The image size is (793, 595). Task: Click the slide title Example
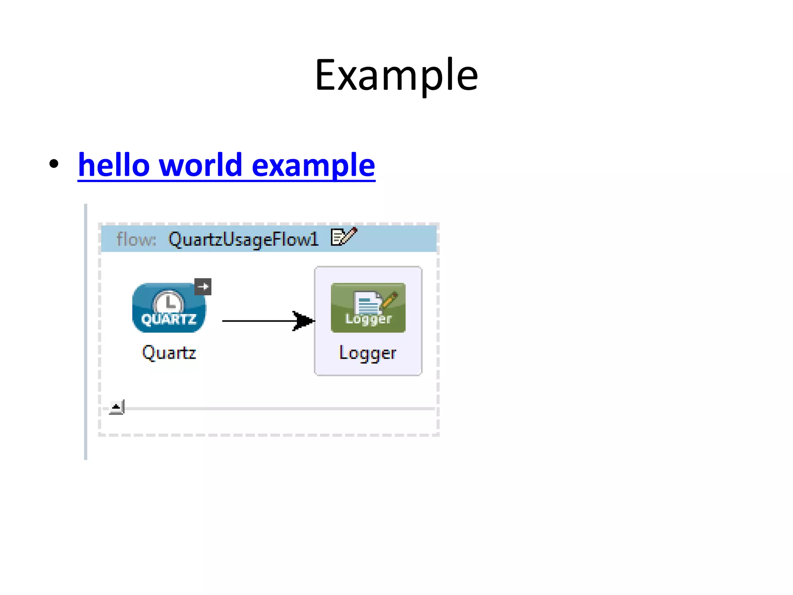click(x=396, y=74)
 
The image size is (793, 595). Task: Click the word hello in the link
click(x=114, y=165)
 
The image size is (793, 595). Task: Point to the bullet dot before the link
click(x=54, y=163)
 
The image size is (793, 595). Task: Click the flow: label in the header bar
click(x=136, y=239)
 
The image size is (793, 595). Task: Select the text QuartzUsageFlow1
click(x=243, y=239)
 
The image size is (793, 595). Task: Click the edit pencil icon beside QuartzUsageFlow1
click(x=344, y=236)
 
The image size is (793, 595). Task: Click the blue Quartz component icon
click(x=169, y=308)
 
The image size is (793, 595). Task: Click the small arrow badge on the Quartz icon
click(x=203, y=287)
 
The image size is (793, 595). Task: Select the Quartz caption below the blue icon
click(x=169, y=353)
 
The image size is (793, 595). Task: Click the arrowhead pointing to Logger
click(x=304, y=321)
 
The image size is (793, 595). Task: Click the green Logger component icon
click(x=368, y=308)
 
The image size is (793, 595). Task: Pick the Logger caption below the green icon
click(x=368, y=353)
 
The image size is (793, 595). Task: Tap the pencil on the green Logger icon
click(x=390, y=299)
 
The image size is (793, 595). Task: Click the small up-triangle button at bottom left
click(x=116, y=407)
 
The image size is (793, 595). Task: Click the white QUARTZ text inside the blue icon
click(x=169, y=320)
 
